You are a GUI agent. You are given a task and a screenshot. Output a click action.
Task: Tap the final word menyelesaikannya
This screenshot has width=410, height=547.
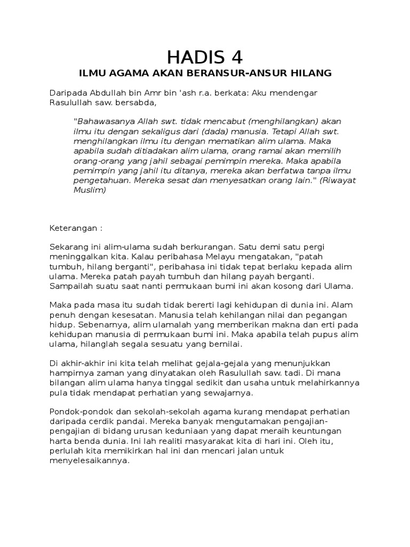(90, 461)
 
